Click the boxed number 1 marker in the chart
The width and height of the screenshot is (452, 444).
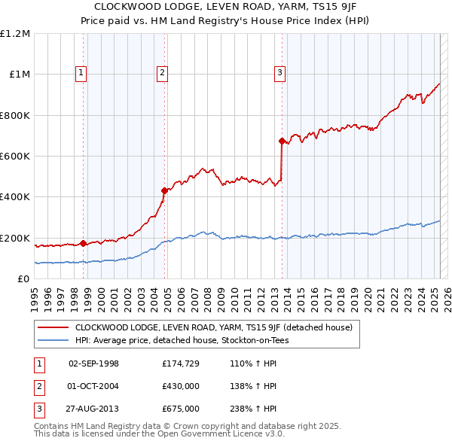81,73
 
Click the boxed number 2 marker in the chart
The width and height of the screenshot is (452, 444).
162,73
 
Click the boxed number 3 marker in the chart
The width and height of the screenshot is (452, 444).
279,73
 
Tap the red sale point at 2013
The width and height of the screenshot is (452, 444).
282,141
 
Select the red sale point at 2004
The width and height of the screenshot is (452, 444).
165,190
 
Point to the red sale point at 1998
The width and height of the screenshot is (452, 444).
83,243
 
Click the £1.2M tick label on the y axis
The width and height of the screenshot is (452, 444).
15,33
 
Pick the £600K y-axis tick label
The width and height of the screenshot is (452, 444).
15,156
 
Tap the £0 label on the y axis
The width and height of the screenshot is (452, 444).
23,278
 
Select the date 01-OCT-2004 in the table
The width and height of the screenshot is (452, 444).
93,387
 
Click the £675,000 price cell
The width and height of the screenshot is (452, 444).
181,409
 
